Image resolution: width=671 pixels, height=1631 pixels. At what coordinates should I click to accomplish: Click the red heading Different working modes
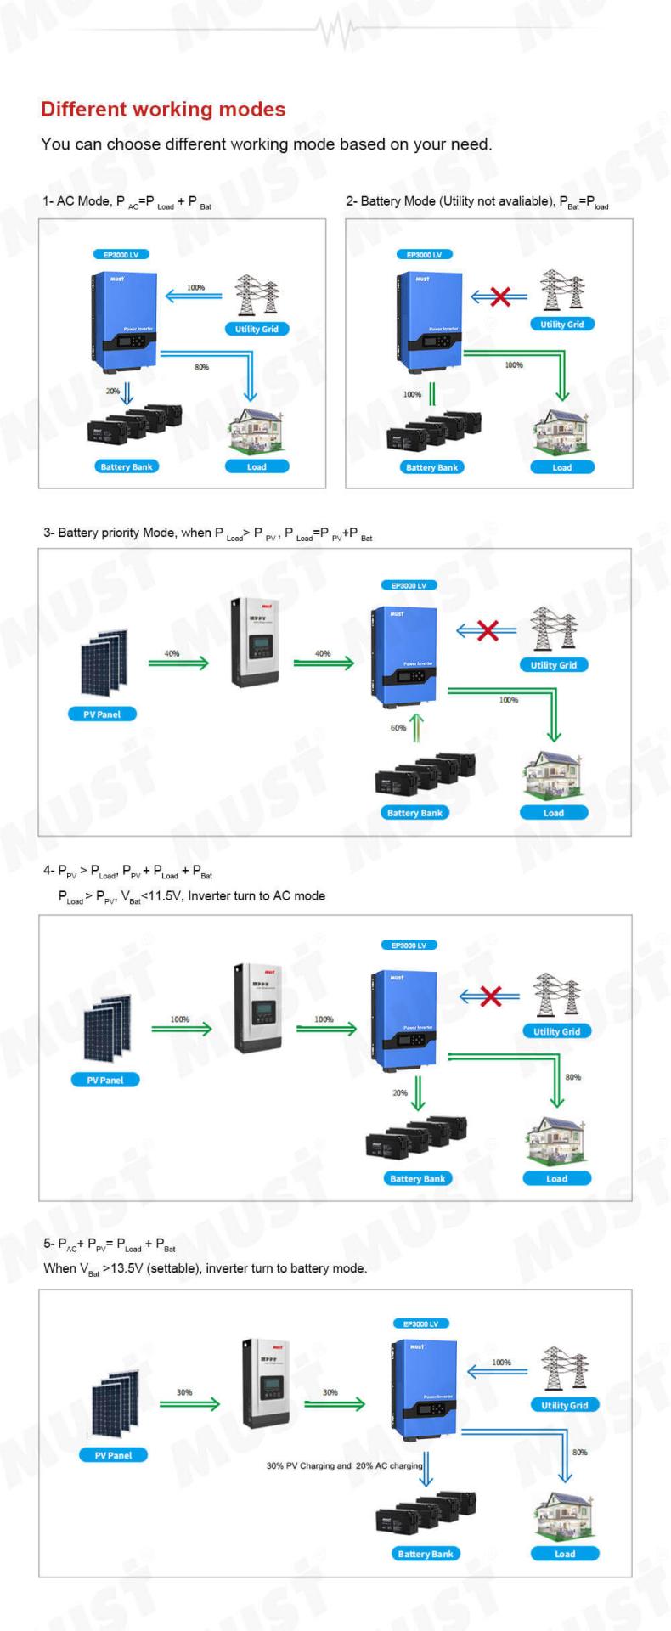(163, 110)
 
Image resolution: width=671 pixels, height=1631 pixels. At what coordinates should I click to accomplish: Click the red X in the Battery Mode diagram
(500, 296)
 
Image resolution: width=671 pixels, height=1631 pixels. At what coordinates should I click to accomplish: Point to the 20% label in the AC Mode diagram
(113, 392)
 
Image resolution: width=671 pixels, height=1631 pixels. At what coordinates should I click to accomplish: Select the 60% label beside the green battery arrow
(398, 728)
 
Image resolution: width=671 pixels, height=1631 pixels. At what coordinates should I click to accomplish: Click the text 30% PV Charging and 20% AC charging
(344, 1465)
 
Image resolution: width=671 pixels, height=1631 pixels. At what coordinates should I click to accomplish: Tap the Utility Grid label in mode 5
(565, 1405)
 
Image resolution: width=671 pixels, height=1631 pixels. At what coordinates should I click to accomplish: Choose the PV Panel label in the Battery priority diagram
(102, 714)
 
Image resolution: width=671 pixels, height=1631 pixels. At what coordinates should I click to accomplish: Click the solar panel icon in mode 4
(107, 1030)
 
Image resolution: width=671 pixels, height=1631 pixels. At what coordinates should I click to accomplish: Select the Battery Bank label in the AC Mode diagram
(127, 466)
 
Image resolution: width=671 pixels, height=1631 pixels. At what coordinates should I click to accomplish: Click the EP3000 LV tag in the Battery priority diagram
(409, 585)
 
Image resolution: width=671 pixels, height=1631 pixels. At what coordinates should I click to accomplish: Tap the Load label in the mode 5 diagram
(565, 1554)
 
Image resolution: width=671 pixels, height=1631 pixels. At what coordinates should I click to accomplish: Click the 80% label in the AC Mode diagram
(201, 367)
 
